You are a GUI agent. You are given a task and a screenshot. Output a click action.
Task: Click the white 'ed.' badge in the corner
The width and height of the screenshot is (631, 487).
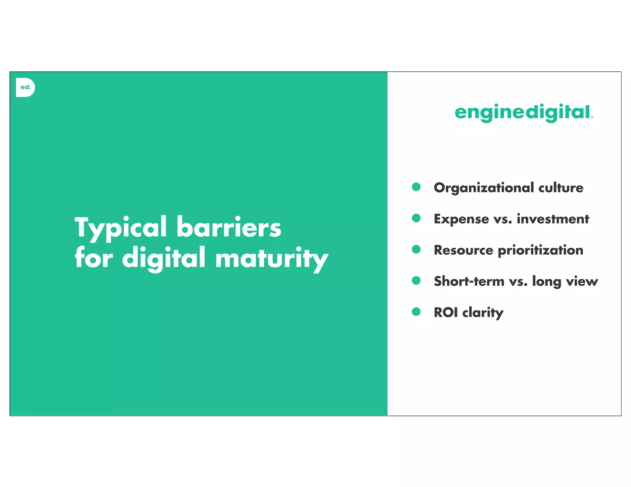pos(25,87)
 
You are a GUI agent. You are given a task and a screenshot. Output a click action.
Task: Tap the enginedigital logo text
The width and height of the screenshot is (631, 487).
pos(523,112)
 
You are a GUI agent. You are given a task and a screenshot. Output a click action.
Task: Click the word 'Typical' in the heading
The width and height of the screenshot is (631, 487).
pos(120,228)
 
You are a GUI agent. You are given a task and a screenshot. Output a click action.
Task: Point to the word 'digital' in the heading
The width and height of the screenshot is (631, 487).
pos(164,258)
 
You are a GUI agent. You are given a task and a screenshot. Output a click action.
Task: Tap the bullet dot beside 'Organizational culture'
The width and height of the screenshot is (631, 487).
pos(416,187)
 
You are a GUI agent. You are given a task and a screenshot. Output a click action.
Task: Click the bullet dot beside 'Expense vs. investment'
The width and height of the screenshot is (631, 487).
pos(416,218)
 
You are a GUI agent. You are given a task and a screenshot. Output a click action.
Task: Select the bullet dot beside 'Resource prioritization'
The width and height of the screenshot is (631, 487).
pos(416,249)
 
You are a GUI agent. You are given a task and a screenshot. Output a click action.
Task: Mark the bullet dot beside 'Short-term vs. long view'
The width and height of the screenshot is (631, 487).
pos(416,280)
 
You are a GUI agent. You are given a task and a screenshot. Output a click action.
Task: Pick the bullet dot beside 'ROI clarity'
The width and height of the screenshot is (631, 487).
pos(416,312)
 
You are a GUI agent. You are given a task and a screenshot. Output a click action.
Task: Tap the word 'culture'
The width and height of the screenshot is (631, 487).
pos(561,188)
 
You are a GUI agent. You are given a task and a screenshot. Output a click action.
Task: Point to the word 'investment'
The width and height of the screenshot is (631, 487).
pos(553,219)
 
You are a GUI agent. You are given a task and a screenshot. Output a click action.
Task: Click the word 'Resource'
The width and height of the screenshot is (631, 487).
pos(463,250)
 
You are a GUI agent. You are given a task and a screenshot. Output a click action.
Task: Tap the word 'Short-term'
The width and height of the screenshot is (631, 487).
pos(469,281)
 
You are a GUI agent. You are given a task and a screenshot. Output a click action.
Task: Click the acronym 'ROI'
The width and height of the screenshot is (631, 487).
pos(446,312)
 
